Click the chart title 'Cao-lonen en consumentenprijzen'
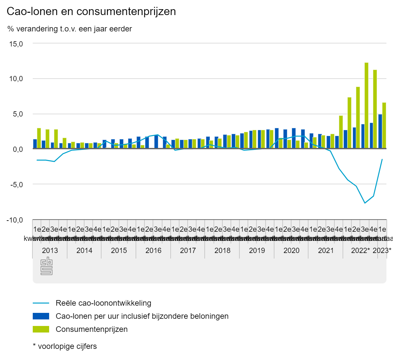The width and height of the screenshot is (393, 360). pos(91,11)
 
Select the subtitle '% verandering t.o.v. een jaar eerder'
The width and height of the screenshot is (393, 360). pos(69,29)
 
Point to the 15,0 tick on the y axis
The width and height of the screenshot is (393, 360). pos(16,44)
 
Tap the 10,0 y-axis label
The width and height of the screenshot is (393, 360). pos(16,79)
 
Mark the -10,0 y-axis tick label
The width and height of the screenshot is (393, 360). pos(15,220)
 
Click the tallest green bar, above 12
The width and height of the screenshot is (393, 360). pos(366,105)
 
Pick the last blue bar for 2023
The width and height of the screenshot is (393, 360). pos(380,131)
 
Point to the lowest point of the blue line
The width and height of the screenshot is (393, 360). pos(365,203)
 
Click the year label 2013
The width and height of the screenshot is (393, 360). pos(50,251)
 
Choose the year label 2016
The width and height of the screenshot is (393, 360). pos(153,251)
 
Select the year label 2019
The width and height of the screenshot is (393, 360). pos(257,251)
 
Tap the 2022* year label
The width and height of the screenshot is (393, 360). pos(360,251)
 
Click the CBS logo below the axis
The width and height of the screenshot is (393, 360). pos(47,266)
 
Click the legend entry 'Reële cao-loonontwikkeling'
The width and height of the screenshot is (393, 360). pos(103,303)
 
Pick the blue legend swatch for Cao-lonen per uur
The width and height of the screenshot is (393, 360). pos(41,316)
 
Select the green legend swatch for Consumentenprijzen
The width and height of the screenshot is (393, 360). pos(41,329)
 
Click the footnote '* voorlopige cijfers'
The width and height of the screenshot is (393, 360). pos(65,346)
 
